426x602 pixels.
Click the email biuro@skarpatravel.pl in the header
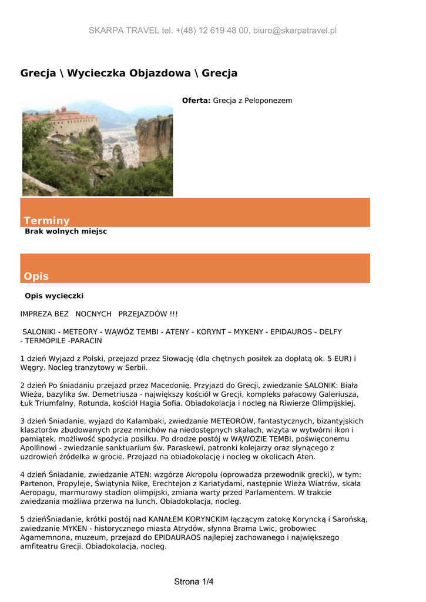coord(294,31)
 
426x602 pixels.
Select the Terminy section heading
coord(46,220)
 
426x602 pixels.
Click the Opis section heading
coord(36,276)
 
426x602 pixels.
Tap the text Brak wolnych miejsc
coord(66,232)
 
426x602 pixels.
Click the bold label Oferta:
coord(196,101)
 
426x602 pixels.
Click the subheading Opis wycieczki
coord(54,296)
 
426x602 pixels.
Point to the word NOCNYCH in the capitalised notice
coord(93,314)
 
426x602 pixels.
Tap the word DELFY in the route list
coord(330,332)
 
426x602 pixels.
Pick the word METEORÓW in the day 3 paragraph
coord(235,422)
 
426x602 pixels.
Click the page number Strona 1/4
coord(193,582)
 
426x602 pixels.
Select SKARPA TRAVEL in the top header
coord(123,31)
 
